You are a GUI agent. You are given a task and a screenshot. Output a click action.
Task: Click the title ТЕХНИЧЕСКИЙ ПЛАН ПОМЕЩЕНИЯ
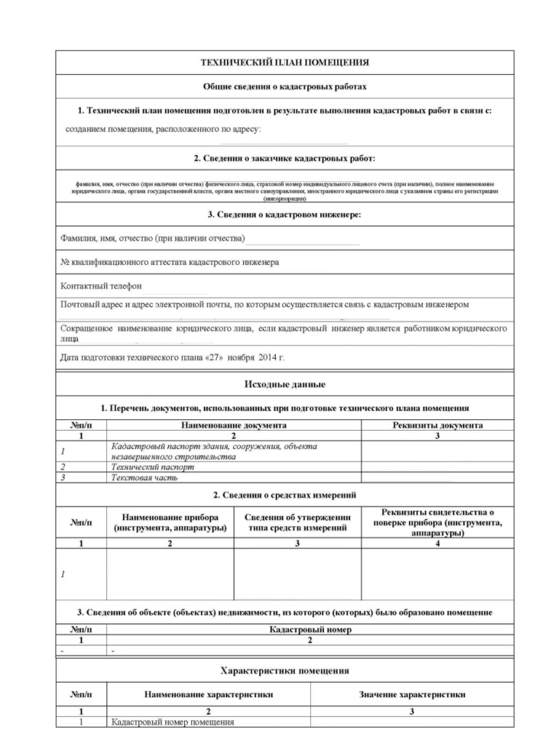click(284, 63)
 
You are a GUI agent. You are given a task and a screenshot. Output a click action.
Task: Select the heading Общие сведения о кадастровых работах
click(284, 87)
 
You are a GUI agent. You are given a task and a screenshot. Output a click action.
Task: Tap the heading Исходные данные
click(284, 384)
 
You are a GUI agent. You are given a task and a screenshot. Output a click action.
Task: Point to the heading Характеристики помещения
click(284, 670)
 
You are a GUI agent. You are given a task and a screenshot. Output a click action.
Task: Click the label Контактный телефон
click(102, 286)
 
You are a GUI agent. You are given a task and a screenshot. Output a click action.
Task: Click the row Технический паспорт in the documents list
click(152, 467)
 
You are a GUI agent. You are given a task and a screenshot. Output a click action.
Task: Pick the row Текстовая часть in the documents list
click(144, 477)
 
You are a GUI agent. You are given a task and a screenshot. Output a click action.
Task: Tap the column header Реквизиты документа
click(436, 425)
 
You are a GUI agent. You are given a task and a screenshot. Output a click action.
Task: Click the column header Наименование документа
click(233, 425)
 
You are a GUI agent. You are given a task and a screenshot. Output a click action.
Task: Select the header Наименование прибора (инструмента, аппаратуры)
click(170, 522)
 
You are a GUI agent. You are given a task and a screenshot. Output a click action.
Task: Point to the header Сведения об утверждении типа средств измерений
click(297, 522)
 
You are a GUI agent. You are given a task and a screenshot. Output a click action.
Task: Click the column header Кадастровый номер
click(310, 630)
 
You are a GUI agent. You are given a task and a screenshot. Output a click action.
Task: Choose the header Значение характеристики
click(412, 694)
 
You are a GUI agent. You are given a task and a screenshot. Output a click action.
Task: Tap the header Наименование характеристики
click(209, 694)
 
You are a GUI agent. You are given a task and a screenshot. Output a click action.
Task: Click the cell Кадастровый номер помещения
click(172, 722)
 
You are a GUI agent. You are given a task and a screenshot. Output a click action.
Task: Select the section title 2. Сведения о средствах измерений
click(284, 495)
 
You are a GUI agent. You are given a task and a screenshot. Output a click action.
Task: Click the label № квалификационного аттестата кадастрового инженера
click(169, 262)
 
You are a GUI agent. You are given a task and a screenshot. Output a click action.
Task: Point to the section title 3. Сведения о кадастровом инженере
click(284, 215)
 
